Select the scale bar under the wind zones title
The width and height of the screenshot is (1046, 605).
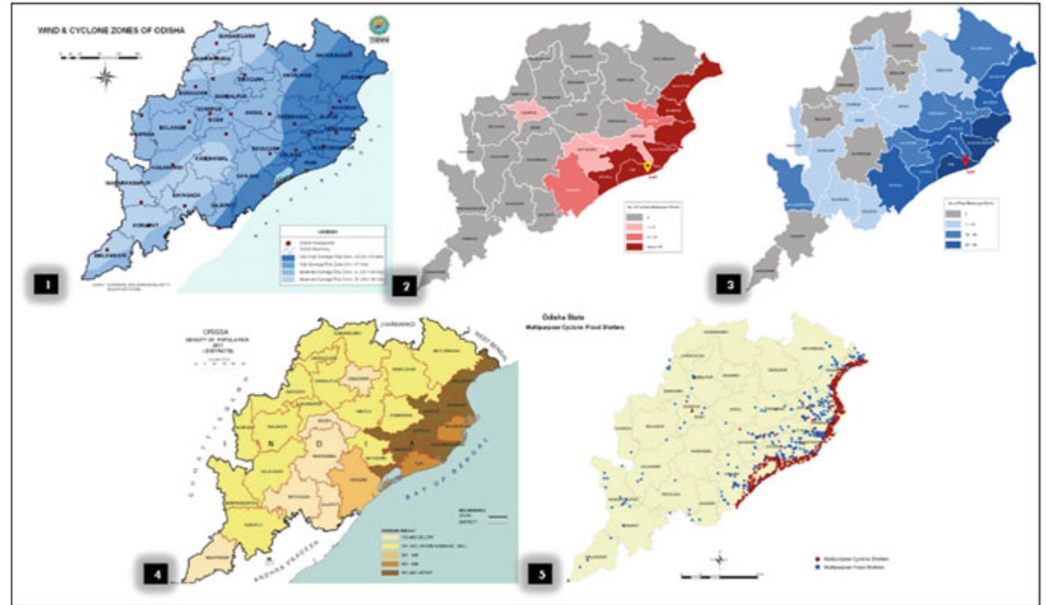coord(97,56)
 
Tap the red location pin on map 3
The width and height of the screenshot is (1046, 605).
coord(965,160)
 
